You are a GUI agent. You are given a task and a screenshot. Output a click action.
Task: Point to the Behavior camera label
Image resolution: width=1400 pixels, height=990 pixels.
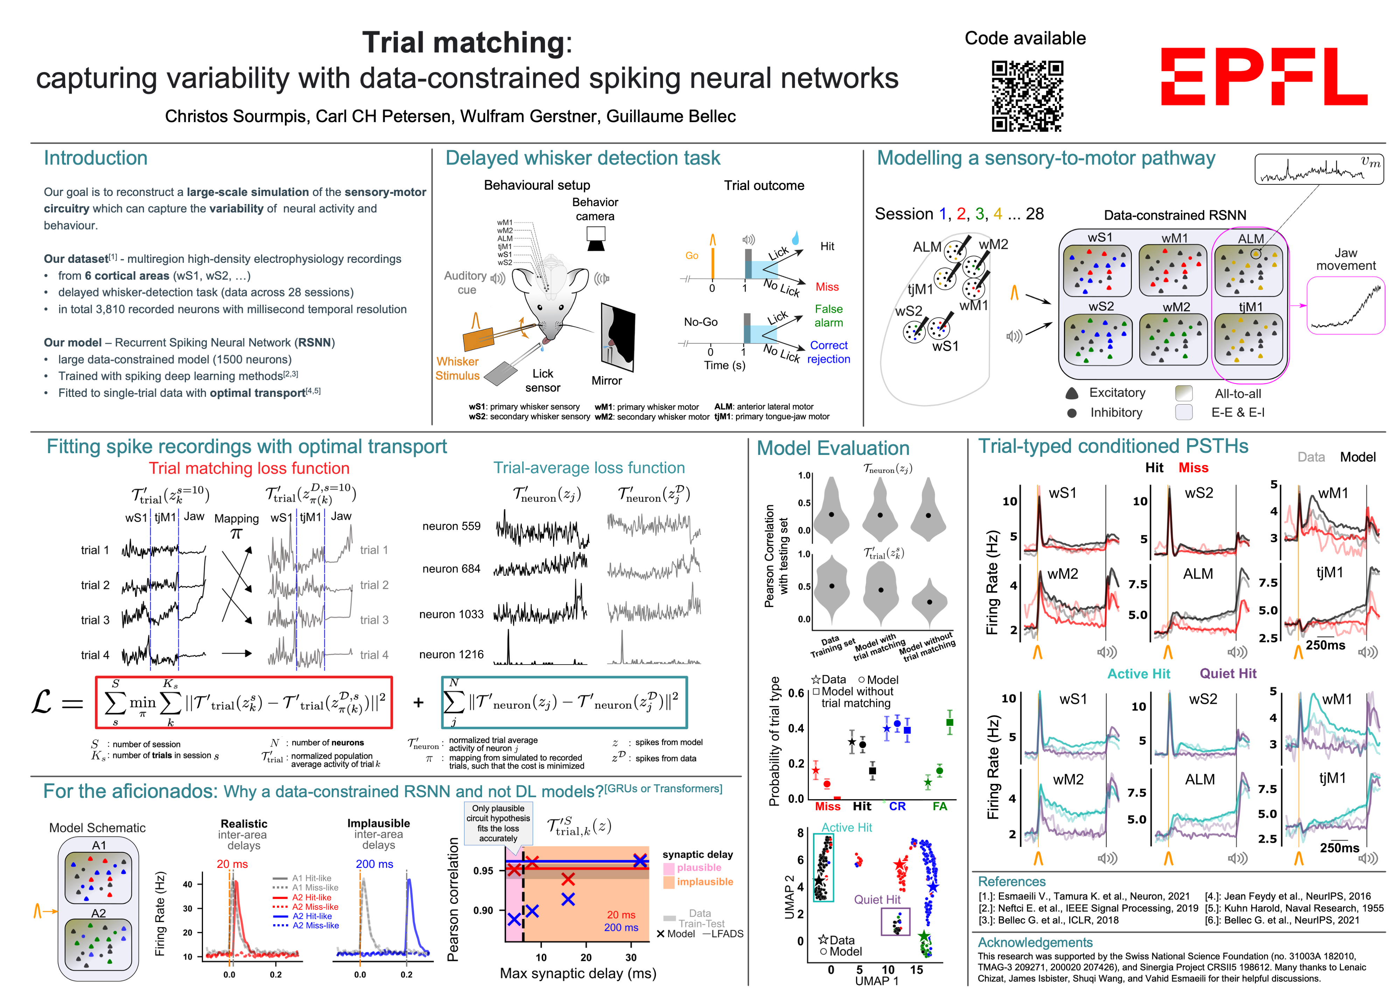[x=595, y=209]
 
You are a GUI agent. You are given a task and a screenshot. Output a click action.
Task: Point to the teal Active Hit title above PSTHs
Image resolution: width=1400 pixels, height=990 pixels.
[x=1139, y=674]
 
